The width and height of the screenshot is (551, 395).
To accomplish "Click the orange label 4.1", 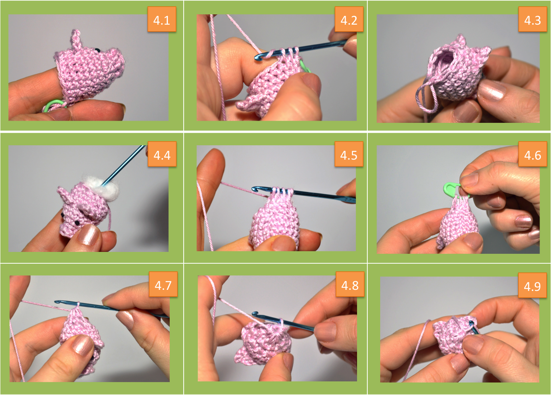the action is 162,19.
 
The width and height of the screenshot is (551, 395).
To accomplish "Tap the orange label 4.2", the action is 349,19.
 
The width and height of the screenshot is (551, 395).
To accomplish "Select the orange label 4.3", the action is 533,19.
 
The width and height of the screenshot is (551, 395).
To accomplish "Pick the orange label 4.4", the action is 162,154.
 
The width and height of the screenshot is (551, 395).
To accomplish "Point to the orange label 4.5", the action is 349,154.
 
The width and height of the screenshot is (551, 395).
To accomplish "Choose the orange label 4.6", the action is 533,154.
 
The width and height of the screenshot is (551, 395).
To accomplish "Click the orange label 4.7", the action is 163,284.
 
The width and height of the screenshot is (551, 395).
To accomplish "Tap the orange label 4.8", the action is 350,284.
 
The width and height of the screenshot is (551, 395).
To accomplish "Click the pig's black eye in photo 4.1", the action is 97,50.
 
